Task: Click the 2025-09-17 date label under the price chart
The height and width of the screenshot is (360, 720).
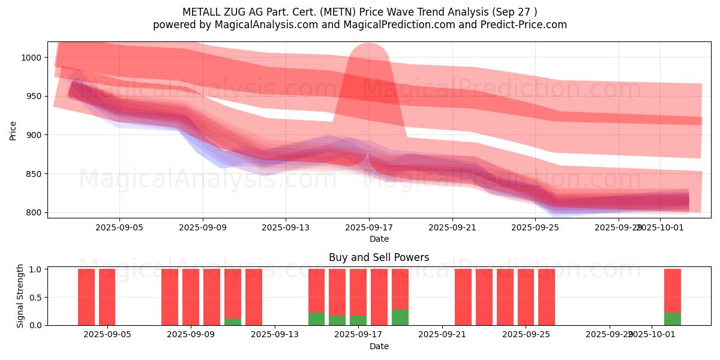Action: point(368,228)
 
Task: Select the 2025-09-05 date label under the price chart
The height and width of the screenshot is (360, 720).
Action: point(119,228)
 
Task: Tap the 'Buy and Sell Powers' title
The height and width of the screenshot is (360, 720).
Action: point(379,257)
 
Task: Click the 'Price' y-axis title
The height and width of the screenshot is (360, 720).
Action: point(13,130)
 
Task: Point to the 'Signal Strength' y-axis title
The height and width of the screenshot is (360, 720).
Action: point(20,296)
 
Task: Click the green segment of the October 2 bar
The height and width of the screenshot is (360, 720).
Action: point(672,319)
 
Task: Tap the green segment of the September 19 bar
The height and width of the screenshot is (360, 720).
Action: point(400,317)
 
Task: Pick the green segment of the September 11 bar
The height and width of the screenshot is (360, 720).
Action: point(233,322)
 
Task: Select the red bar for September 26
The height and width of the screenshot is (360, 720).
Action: point(547,297)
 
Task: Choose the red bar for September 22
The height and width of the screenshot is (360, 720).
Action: point(463,297)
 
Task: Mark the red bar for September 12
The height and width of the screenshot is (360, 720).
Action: point(254,297)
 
